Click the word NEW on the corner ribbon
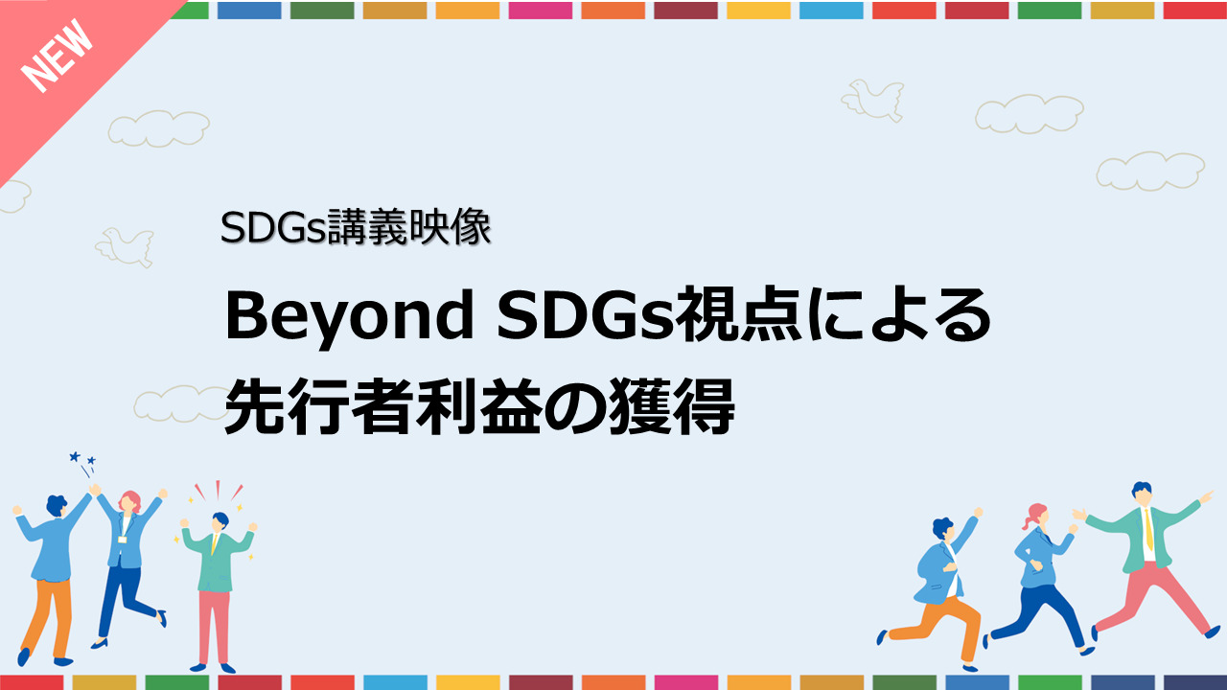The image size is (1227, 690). [57, 56]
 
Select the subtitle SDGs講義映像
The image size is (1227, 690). [356, 227]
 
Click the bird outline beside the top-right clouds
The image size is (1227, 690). [873, 101]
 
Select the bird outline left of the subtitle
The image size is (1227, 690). [125, 247]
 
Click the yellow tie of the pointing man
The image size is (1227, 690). [1149, 529]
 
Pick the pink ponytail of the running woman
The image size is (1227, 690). [1031, 515]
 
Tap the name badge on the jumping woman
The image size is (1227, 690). [122, 540]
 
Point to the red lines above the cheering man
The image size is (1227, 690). [219, 491]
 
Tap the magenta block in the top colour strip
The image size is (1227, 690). [540, 11]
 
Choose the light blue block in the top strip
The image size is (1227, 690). [831, 11]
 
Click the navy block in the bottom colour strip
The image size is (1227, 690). [1195, 682]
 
